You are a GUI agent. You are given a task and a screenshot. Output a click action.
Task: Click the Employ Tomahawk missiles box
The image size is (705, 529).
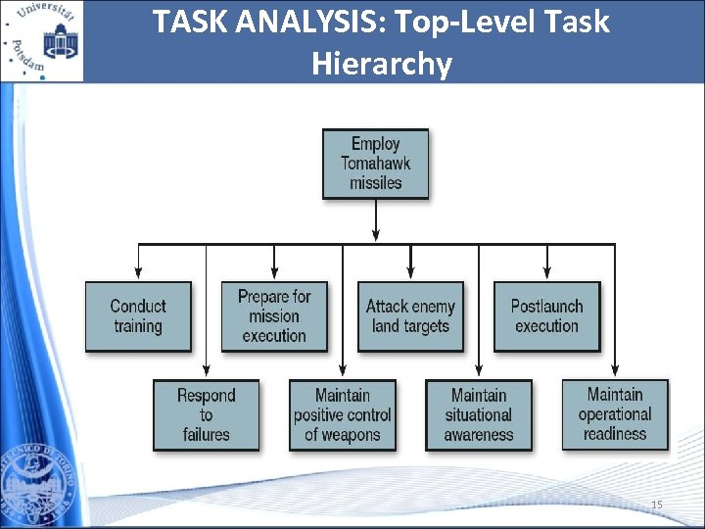point(376,164)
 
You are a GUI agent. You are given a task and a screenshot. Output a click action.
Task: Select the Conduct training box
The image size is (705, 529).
point(138,316)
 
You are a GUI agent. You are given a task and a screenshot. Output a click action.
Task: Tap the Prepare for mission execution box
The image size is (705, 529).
point(274,316)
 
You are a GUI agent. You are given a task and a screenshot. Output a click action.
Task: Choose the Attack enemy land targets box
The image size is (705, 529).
point(410,316)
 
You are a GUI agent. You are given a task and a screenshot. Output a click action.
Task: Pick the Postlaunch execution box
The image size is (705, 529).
point(546,316)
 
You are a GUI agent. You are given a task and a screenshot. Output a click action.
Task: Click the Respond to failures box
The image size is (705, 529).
point(206,414)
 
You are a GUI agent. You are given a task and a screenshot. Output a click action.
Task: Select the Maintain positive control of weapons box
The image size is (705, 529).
point(343,414)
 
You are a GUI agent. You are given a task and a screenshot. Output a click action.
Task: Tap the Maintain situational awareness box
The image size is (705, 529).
point(479,414)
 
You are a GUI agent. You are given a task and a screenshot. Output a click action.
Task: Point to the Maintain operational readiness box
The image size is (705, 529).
point(615,413)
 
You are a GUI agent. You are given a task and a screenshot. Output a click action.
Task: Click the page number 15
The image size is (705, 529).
point(657,505)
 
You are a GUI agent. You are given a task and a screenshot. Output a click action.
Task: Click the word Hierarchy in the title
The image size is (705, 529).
point(382,64)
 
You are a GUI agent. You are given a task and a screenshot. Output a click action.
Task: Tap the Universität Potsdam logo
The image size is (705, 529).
point(42,40)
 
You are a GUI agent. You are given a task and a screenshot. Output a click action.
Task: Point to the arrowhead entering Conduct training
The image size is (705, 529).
point(138,274)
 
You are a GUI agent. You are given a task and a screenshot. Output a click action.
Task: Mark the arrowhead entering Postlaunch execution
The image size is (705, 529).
point(546,274)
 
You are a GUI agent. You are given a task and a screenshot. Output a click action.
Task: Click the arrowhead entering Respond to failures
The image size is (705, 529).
point(206,372)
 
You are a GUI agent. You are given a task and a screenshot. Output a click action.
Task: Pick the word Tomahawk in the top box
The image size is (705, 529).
point(376,164)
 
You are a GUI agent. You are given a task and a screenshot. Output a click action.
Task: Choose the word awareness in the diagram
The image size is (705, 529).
point(479,434)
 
